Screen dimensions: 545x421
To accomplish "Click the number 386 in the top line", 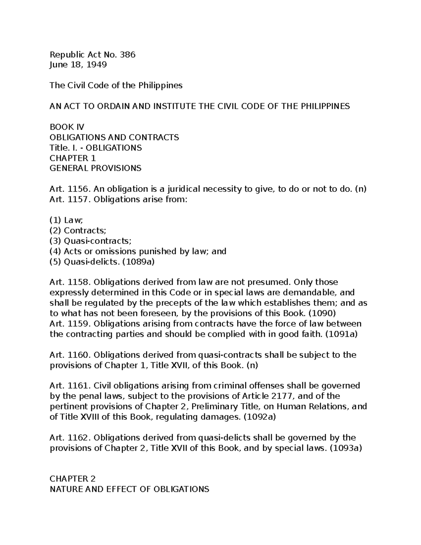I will coord(127,54).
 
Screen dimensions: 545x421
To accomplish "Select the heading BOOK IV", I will coord(67,127).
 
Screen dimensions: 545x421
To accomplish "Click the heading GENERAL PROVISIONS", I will coord(95,168).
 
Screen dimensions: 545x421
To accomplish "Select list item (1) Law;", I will coord(66,220).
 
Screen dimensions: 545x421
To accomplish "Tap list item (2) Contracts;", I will coord(78,231).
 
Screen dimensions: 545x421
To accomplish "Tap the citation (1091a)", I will coord(341,334).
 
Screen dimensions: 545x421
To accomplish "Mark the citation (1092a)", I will coord(260,417).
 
